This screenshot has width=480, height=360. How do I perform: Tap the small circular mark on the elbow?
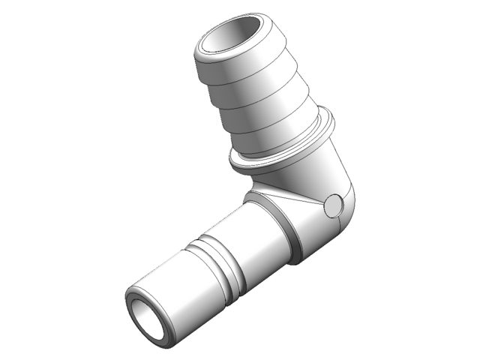333,204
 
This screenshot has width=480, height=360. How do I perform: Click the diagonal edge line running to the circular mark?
300,198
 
